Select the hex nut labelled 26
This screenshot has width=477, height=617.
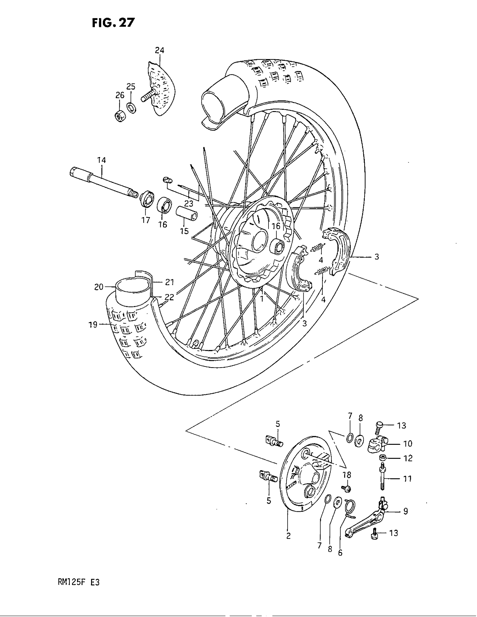coord(120,115)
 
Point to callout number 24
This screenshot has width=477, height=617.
coord(159,50)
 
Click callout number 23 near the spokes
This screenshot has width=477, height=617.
coord(189,203)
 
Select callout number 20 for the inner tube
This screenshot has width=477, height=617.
coord(98,287)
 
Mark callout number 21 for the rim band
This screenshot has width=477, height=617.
coord(169,282)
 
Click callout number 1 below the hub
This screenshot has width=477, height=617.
coord(262,298)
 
